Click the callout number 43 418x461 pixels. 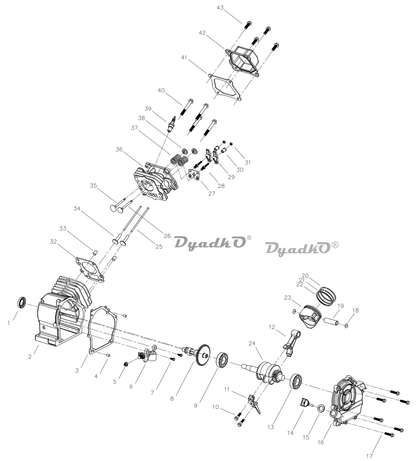(x=220, y=8)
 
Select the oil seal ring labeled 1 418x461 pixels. (x=22, y=302)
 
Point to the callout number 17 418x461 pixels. (x=369, y=456)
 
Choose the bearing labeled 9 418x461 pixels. (x=223, y=360)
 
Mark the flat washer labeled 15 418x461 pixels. (x=321, y=408)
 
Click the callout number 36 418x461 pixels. (x=119, y=149)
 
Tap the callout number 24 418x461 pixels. (x=252, y=343)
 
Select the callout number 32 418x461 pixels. (x=53, y=242)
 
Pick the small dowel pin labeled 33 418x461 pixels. (x=95, y=253)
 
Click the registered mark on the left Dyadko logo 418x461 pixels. (x=249, y=238)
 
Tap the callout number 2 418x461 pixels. (x=30, y=357)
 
